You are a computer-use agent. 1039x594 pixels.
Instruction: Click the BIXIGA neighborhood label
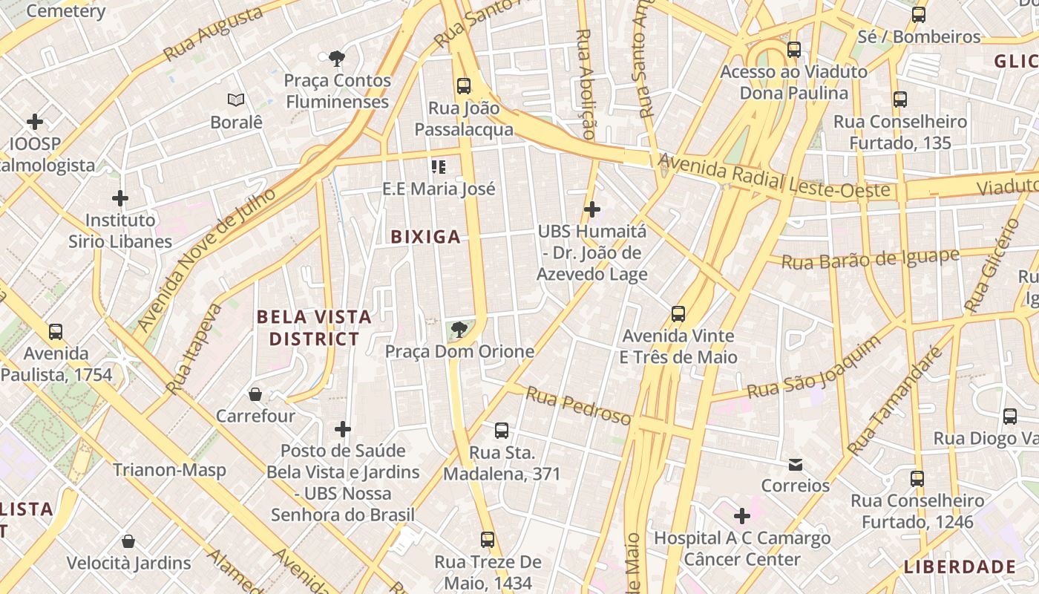(425, 238)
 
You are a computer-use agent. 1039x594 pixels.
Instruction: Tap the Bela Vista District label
(314, 328)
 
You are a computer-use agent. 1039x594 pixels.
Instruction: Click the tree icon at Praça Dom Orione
(459, 329)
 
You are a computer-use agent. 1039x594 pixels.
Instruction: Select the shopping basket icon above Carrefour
(255, 394)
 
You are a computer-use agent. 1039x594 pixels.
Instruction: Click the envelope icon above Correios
(796, 465)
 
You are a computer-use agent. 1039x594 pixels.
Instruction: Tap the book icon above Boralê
(236, 99)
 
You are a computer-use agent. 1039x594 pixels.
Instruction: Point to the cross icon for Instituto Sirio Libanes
(120, 198)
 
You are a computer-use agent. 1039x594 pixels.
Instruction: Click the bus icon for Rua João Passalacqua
(464, 86)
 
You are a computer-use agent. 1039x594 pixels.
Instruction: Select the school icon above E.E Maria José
(439, 167)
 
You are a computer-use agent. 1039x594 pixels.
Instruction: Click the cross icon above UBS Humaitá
(591, 209)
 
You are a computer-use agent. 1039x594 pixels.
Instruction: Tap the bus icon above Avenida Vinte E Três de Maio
(678, 313)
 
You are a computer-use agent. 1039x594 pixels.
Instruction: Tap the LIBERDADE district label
(959, 567)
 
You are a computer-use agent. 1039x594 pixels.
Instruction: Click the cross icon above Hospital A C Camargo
(741, 516)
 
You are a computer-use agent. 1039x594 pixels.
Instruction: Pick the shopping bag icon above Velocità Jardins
(128, 541)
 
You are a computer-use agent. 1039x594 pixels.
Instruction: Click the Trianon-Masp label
(169, 470)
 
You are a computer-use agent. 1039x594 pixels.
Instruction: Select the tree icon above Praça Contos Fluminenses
(336, 58)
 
